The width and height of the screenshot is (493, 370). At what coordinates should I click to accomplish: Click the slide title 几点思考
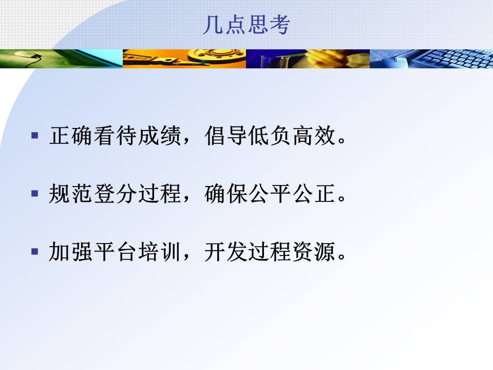point(246,25)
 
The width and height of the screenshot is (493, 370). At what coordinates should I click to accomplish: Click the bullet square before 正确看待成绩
point(35,136)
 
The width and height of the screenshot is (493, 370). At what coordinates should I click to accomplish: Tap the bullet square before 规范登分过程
point(35,193)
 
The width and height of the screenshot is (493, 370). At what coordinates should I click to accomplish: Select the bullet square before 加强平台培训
point(35,251)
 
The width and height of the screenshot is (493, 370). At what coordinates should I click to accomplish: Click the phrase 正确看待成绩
point(115,136)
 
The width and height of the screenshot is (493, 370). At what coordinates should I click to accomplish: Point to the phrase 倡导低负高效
point(270,136)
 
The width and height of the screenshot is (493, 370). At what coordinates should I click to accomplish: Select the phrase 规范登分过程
point(115,193)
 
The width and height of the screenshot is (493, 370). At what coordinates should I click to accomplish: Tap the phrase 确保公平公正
point(270,193)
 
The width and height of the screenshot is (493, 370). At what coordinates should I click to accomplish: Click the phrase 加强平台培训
point(115,251)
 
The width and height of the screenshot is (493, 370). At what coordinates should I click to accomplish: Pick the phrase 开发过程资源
point(270,251)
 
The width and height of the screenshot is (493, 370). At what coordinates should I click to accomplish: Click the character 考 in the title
point(279,25)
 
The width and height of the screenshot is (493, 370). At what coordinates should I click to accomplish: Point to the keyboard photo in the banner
point(431,59)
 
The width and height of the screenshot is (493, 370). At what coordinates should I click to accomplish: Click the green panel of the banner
point(61,59)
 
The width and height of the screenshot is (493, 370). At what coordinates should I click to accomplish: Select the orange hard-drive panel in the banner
point(184,59)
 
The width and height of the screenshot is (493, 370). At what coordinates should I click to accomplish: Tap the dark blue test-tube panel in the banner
point(308,59)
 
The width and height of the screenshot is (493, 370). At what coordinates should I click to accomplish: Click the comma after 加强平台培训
point(186,256)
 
